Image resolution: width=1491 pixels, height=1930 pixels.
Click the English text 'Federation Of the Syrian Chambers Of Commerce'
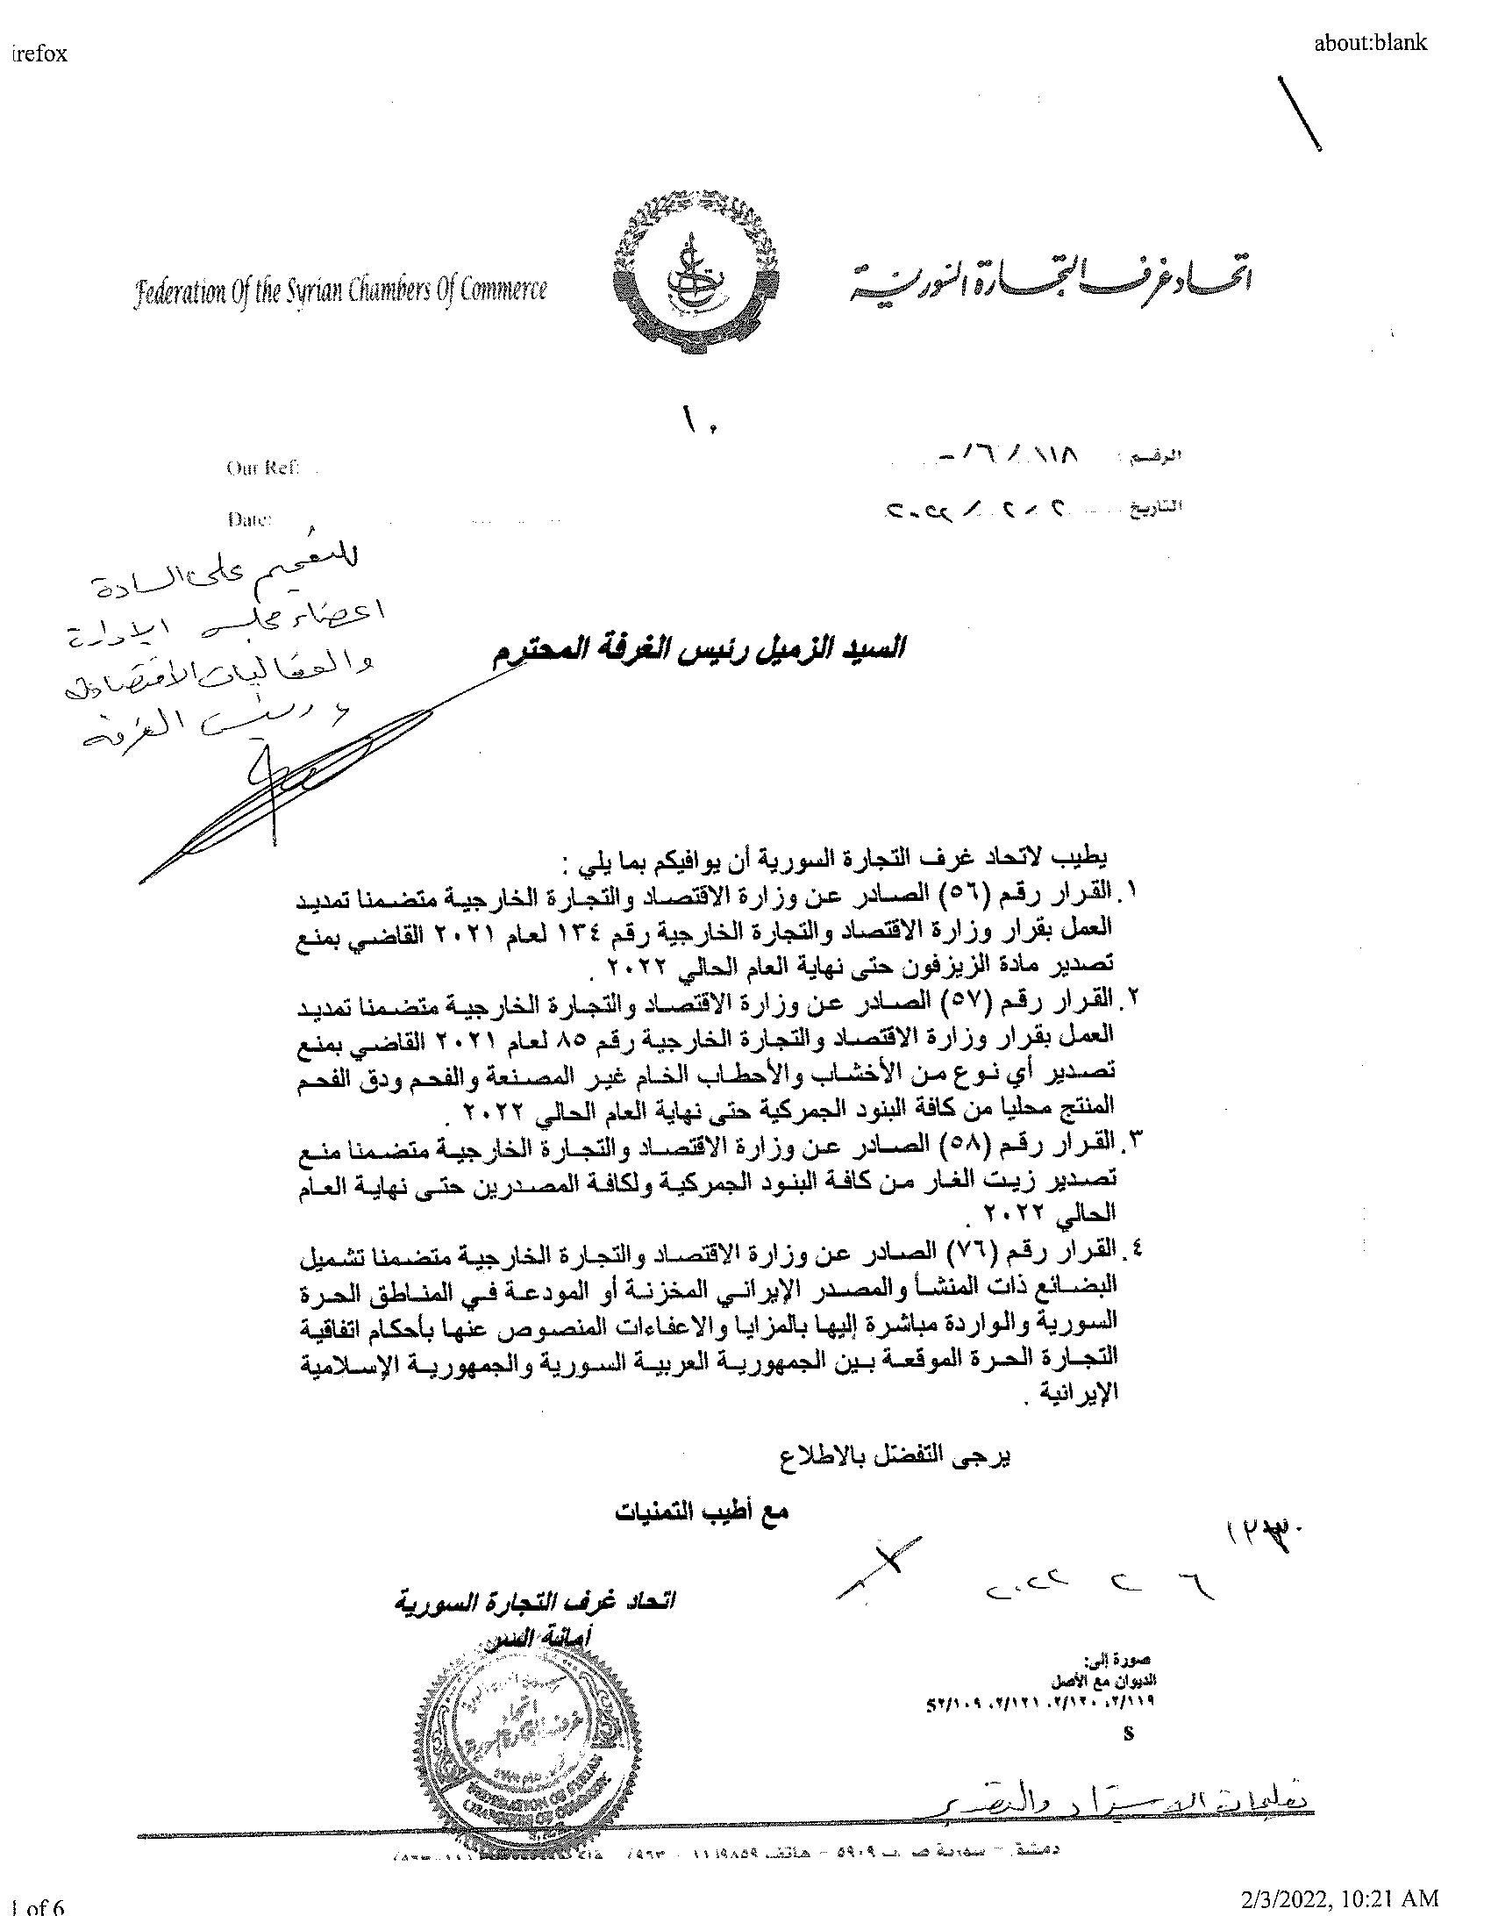(339, 289)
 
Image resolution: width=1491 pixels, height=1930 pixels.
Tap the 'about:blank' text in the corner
(1370, 42)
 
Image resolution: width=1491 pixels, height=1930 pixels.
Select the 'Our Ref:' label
(262, 468)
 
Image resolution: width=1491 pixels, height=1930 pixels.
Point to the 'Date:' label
(249, 519)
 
